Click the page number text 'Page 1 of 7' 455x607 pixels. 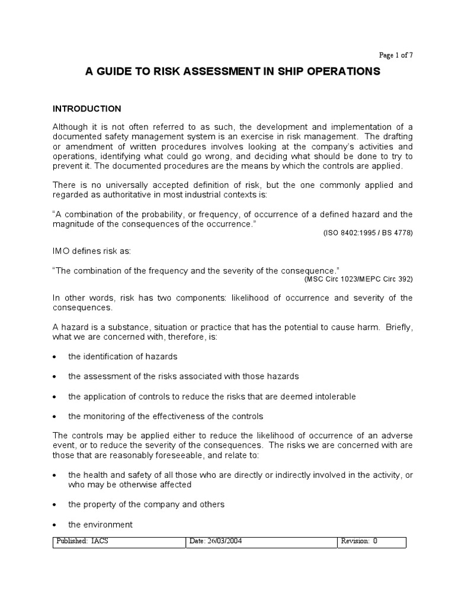396,55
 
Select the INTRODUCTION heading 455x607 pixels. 87,108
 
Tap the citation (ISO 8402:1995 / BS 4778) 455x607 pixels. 367,233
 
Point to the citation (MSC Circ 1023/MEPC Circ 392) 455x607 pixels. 358,279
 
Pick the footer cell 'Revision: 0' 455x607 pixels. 358,542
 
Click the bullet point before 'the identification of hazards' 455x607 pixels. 55,357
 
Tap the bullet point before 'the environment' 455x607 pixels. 55,525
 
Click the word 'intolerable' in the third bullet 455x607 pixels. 334,396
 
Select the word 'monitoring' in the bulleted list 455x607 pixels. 102,416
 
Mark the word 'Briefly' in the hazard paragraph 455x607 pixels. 398,328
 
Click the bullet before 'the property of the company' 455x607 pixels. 55,505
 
